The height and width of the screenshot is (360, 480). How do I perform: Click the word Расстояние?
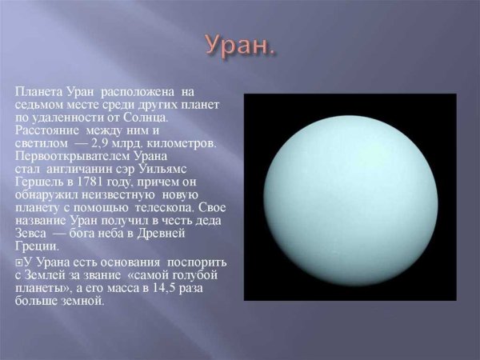47,130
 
